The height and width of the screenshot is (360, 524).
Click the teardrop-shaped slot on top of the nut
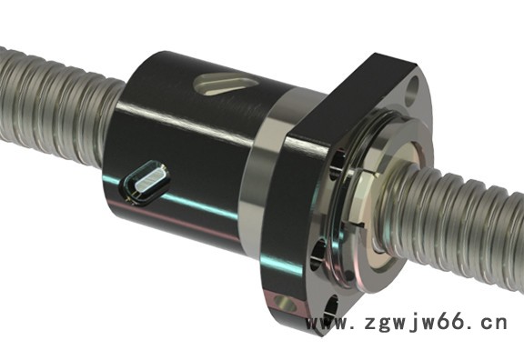click(225, 85)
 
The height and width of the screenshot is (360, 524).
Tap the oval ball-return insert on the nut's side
click(146, 182)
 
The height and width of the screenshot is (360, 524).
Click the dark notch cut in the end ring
click(358, 225)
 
